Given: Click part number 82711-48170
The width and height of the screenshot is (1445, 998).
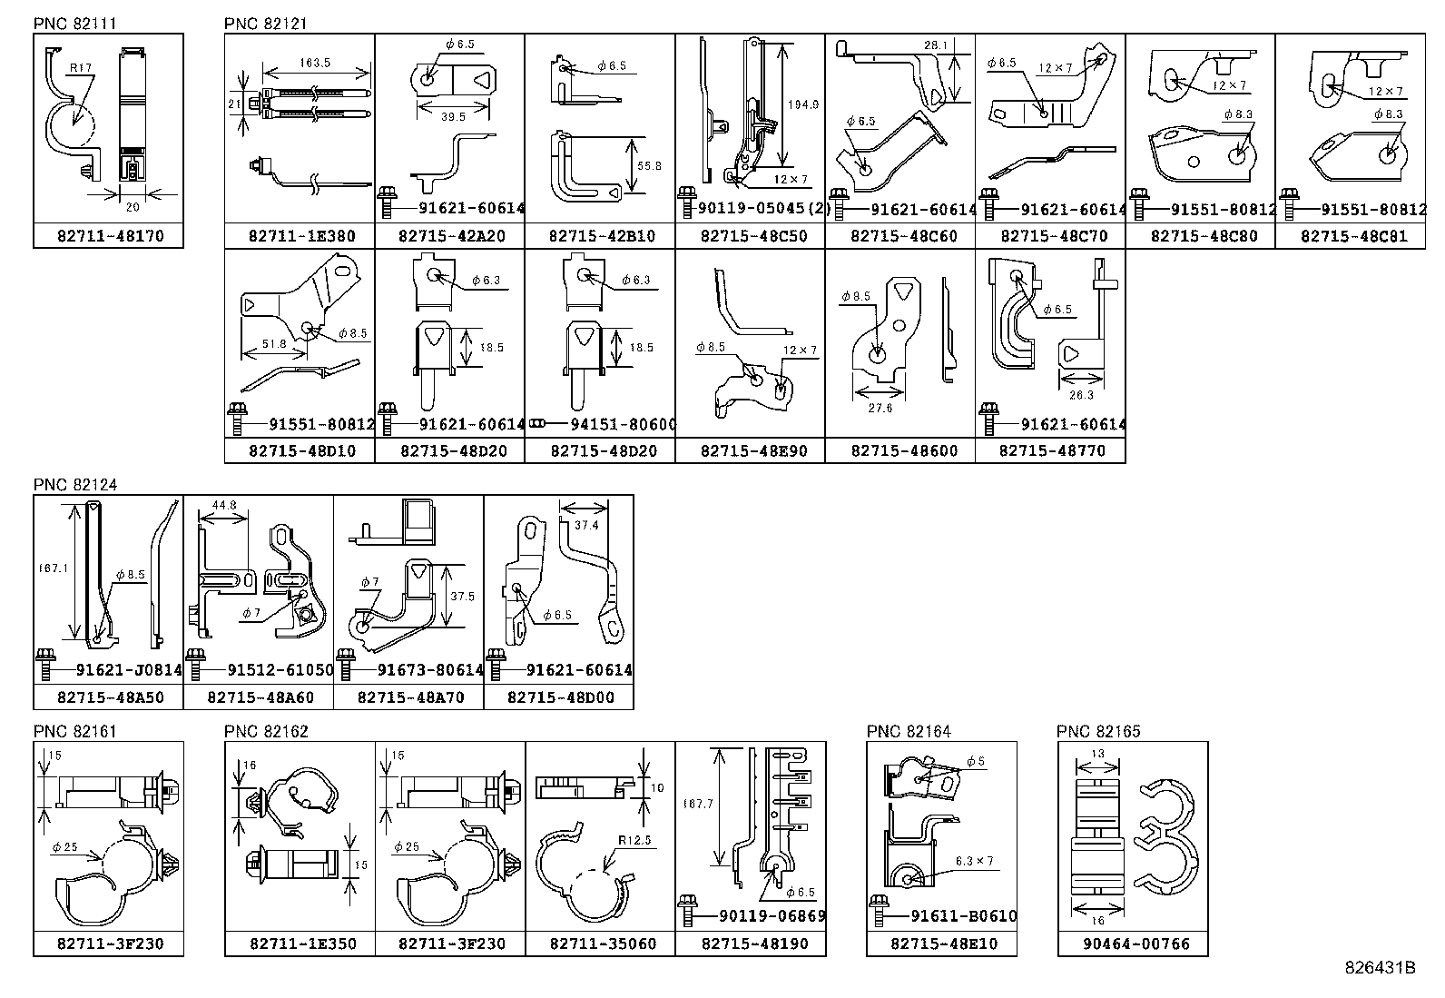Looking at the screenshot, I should tap(110, 236).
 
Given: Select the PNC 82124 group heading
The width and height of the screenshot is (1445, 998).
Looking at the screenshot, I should tap(75, 485).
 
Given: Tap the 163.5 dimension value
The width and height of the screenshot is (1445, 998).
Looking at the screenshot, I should tap(313, 64).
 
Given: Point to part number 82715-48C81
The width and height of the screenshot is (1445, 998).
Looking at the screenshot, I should tap(1350, 236).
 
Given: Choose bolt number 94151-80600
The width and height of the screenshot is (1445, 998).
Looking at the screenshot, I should tap(624, 424).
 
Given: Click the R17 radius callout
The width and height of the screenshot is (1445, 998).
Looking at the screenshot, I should tap(79, 66).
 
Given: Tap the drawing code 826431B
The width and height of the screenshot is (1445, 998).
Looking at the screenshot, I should tap(1380, 967).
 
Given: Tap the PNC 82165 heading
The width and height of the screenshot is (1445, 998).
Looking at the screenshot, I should tap(1098, 731).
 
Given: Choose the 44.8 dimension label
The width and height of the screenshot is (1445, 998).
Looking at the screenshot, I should tap(223, 505).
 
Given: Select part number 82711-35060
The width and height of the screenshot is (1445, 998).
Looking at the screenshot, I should tap(603, 944).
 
